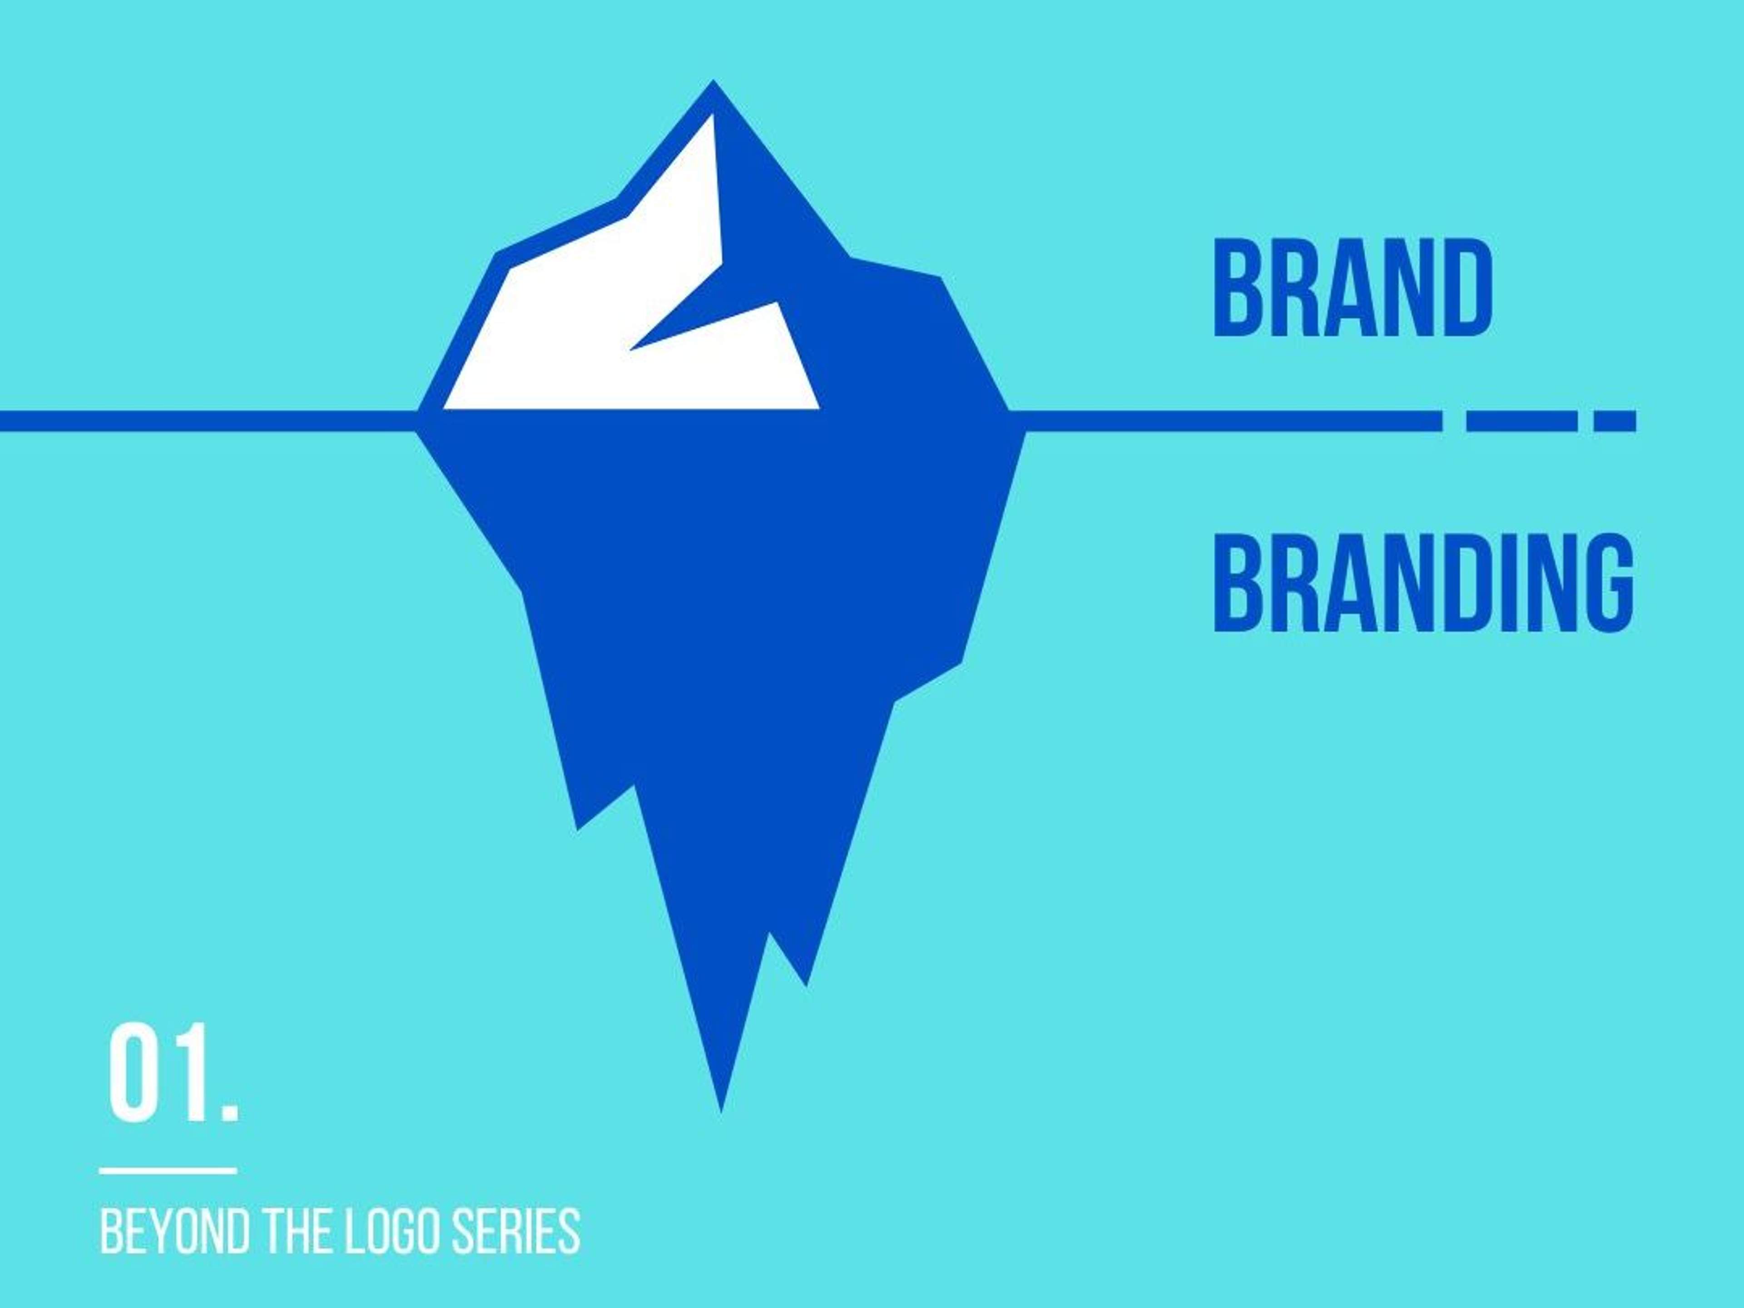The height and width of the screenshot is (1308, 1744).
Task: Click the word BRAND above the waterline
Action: tap(1352, 288)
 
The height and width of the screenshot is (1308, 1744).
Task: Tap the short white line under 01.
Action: tap(168, 1171)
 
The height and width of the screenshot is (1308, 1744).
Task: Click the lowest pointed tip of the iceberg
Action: tap(721, 1112)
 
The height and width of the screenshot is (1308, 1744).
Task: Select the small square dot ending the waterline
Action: tap(1615, 421)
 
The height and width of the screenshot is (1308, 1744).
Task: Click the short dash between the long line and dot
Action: tap(1521, 421)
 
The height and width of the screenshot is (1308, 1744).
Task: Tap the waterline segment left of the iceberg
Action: tap(209, 421)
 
